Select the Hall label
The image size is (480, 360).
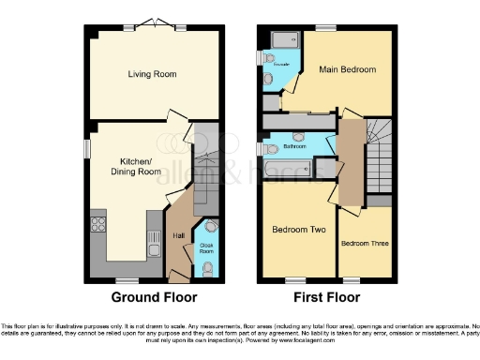click(x=178, y=235)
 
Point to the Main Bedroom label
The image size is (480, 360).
click(x=346, y=69)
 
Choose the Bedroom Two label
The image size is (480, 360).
click(x=297, y=230)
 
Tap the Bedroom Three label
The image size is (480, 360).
click(x=362, y=244)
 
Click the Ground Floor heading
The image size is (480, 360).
click(x=155, y=298)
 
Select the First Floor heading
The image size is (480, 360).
click(x=327, y=298)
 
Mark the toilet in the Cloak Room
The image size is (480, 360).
click(x=206, y=268)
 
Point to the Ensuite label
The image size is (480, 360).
click(x=281, y=67)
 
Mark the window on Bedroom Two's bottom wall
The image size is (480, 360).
click(x=296, y=279)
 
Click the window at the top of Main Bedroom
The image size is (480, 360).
click(x=325, y=29)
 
